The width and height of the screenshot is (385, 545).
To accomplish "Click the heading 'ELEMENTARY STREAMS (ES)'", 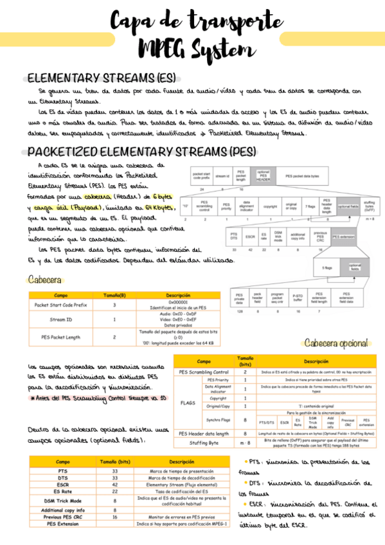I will [x=101, y=78].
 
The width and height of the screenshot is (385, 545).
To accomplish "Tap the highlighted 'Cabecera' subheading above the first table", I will [x=45, y=280].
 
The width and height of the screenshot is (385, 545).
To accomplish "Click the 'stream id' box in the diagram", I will [x=222, y=175].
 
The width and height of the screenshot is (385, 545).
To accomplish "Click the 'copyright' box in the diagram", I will [x=270, y=206].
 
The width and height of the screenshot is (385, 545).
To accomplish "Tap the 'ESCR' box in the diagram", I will [x=250, y=237].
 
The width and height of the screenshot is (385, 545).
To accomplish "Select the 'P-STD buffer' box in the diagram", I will [x=298, y=298].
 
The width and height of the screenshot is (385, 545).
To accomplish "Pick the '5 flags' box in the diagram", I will [x=327, y=267].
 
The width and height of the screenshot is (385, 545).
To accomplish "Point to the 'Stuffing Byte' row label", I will [x=204, y=442].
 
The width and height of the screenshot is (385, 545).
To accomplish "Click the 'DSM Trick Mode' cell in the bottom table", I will [x=63, y=499].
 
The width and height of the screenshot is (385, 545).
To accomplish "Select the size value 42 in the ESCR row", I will [x=115, y=485].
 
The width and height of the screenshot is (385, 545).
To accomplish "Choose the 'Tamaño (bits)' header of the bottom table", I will [x=115, y=461].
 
